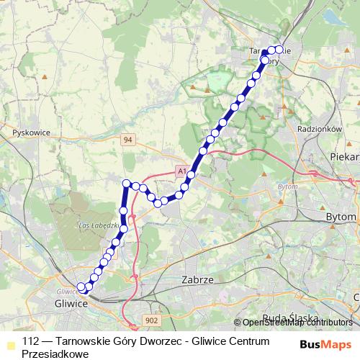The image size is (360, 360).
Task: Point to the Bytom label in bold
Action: click(x=342, y=217)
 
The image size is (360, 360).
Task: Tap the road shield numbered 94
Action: click(x=127, y=139)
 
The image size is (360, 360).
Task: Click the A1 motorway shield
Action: click(x=181, y=171)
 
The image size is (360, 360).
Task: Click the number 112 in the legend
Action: click(x=31, y=341)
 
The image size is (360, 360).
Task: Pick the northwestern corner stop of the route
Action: click(x=127, y=184)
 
